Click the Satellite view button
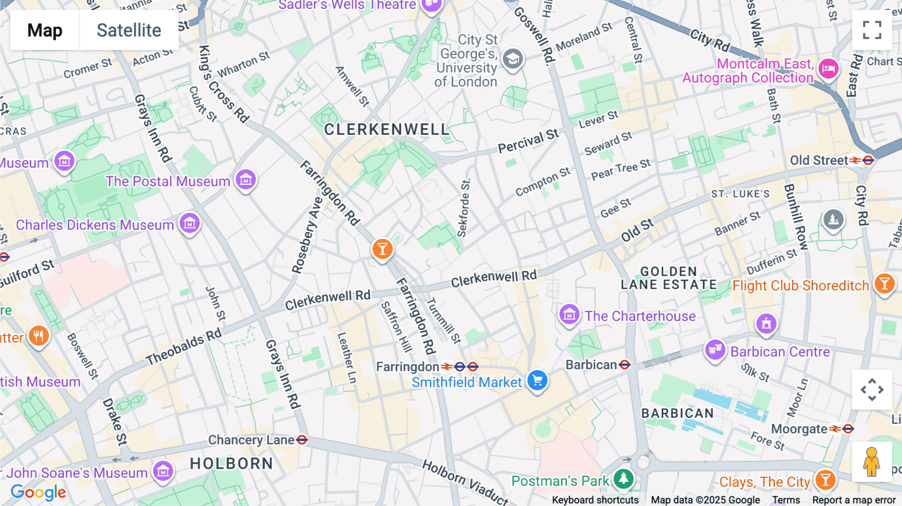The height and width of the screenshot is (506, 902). (129, 30)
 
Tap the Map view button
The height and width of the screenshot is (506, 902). (45, 30)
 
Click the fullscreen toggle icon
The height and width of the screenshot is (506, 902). (872, 30)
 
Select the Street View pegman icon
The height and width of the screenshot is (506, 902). (871, 462)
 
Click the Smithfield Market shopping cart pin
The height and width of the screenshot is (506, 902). (537, 380)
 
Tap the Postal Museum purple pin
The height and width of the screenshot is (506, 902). (246, 179)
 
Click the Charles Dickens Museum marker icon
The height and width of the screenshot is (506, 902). (189, 223)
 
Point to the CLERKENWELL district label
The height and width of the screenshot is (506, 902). (386, 130)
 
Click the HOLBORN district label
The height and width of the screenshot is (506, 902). (232, 463)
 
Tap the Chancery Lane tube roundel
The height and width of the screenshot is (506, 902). (302, 440)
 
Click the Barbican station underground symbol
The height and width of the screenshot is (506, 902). (624, 365)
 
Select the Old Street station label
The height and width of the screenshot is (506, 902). (819, 160)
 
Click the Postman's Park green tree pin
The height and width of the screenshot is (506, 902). (623, 478)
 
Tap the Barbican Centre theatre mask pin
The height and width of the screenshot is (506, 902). (715, 349)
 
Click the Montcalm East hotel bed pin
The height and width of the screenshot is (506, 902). (828, 68)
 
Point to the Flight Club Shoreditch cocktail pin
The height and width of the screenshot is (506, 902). (884, 284)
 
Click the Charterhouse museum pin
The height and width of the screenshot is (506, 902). (569, 314)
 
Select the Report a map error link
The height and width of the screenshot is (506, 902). (854, 500)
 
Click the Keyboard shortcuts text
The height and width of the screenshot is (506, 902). (595, 500)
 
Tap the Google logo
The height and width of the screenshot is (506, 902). (39, 492)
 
